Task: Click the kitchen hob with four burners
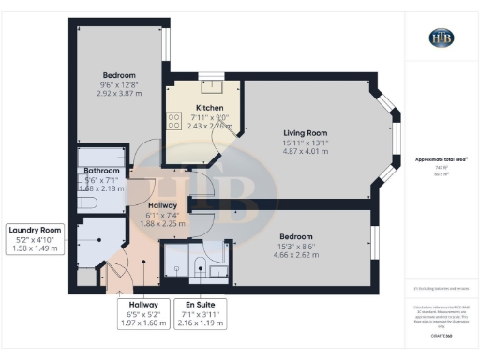point(174,119)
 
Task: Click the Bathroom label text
point(102,170)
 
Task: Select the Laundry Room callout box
point(36,239)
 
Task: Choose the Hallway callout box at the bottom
point(142,313)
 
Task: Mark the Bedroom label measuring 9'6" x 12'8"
point(119,75)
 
